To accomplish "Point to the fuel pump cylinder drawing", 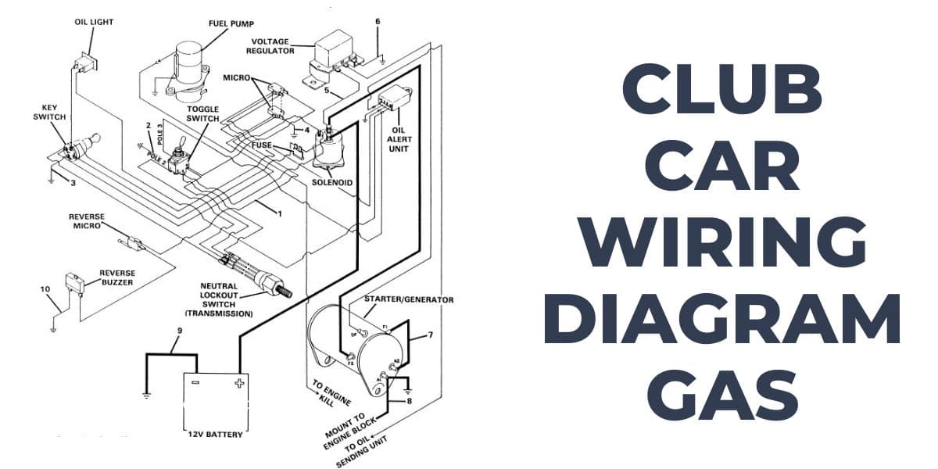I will coord(188,63).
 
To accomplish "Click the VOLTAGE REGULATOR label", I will coord(270,45).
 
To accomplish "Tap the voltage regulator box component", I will coord(333,49).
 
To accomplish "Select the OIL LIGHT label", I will coord(94,22).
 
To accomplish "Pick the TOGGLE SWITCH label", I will coord(202,113).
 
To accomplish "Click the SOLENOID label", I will coord(334,182).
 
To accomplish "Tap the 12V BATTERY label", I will coord(216,435).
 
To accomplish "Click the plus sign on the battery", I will coord(237,384).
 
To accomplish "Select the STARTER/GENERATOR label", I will coord(409,299).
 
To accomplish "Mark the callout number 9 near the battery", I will coord(179,331).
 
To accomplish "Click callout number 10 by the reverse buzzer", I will coord(45,289).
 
